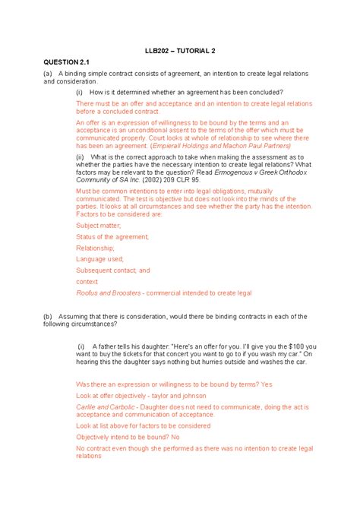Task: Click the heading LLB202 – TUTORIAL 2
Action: [x=181, y=50]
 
